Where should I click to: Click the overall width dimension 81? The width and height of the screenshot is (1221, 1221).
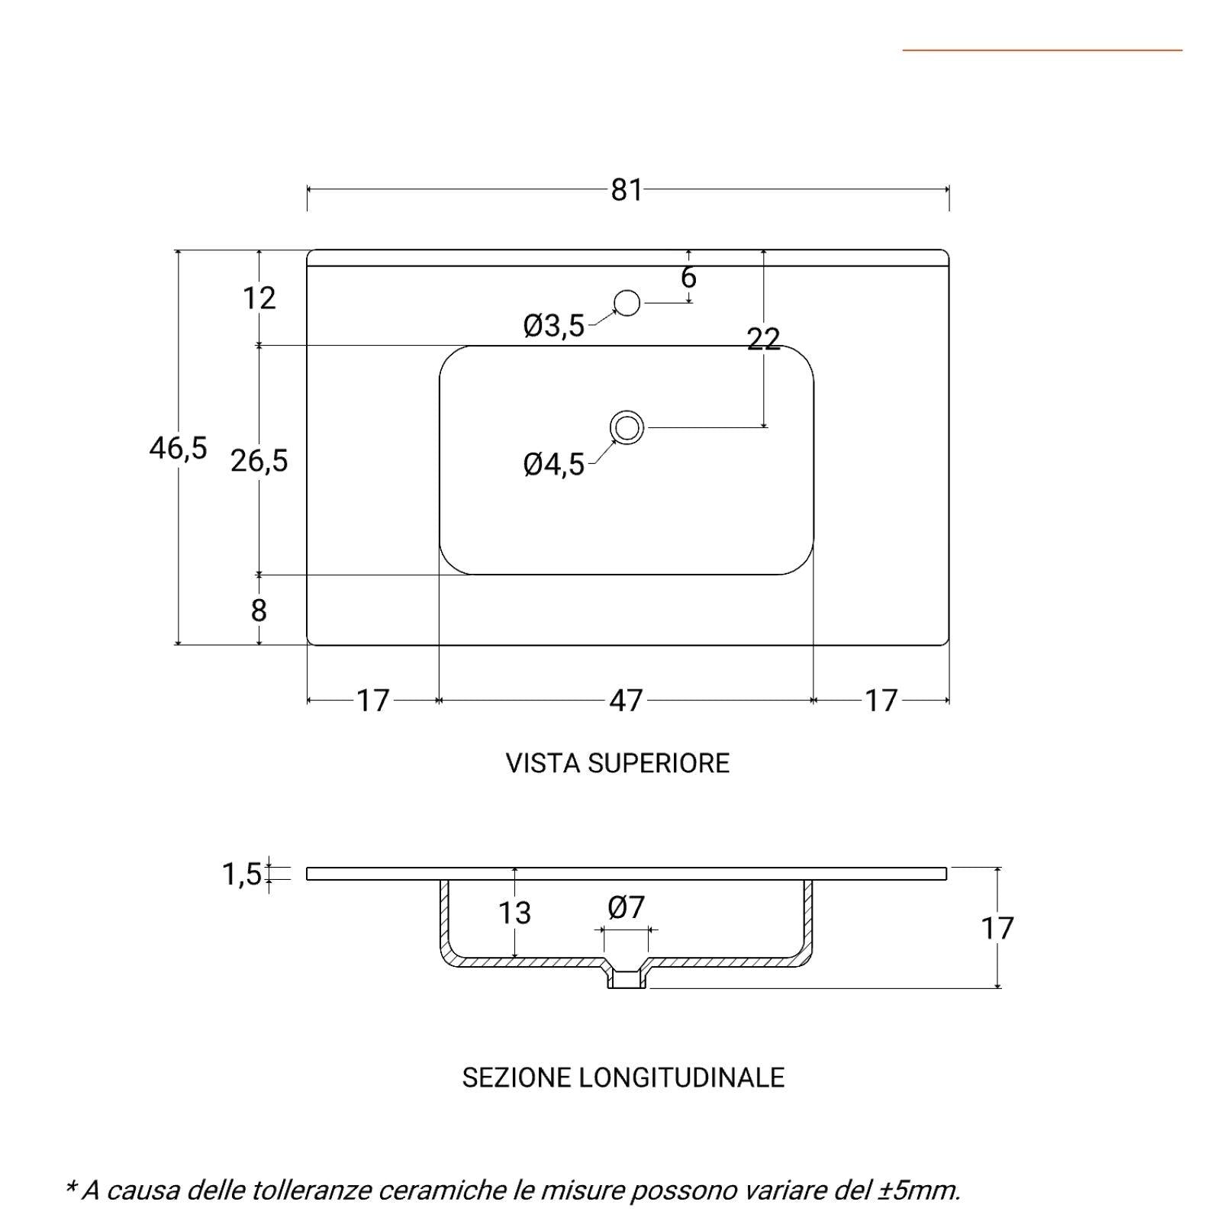(627, 190)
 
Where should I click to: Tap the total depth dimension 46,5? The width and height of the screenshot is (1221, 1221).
(178, 448)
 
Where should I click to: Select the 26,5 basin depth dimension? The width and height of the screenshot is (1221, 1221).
(259, 461)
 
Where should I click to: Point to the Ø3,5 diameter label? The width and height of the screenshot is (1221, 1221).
(554, 326)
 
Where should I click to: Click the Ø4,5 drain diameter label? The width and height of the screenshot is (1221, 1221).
(554, 464)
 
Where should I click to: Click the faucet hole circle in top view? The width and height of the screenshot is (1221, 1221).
(627, 303)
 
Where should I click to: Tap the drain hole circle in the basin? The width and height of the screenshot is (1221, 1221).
(627, 427)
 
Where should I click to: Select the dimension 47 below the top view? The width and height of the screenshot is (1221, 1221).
(627, 701)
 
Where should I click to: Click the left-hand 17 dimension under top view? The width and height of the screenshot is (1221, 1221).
(373, 701)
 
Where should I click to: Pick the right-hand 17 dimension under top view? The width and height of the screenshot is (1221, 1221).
(881, 701)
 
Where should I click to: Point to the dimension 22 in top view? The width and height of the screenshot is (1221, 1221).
(763, 338)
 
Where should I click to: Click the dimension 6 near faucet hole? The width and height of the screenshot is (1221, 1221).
(688, 277)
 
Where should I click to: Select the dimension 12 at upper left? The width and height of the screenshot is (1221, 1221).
(259, 298)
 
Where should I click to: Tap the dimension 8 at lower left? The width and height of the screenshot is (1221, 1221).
(259, 610)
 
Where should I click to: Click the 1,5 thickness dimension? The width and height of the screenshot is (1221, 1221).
(242, 875)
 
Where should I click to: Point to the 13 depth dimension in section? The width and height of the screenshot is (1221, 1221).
(514, 913)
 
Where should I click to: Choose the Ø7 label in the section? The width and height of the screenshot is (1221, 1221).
(627, 907)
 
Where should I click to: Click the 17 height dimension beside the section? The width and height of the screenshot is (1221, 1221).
(997, 929)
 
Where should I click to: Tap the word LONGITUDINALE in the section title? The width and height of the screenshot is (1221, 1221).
(681, 1078)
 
